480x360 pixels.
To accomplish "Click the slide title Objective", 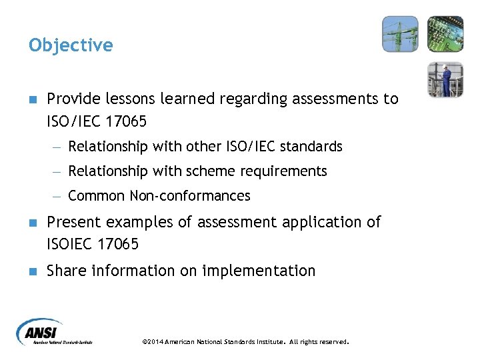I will [71, 45].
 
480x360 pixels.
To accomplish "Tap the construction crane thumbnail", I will [400, 34].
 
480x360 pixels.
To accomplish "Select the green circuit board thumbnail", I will [445, 34].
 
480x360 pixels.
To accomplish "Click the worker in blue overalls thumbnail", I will [445, 79].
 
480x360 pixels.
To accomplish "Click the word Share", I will [67, 271].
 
